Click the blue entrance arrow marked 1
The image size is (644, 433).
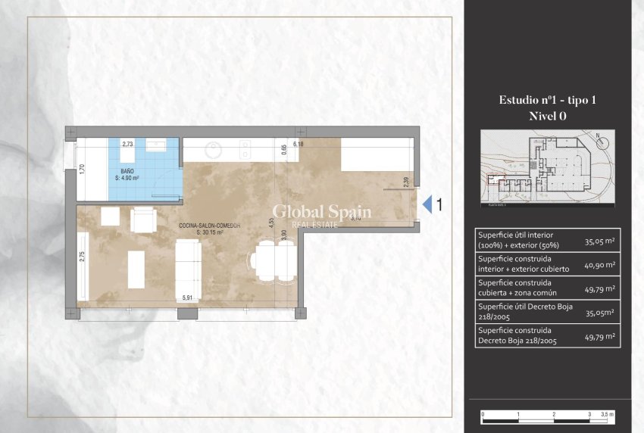tap(427, 204)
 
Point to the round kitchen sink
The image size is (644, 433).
tap(211, 149)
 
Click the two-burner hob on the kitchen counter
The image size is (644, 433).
tap(243, 148)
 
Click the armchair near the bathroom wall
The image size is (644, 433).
tap(142, 220)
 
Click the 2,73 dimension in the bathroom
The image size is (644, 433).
tap(127, 143)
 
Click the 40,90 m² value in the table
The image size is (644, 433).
tap(599, 265)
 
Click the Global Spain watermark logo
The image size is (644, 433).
tap(321, 213)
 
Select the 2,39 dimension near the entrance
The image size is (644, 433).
tap(406, 182)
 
